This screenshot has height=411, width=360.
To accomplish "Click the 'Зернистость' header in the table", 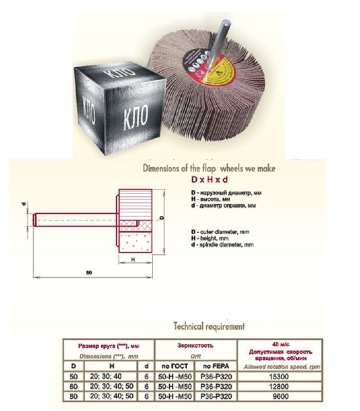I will (196, 346).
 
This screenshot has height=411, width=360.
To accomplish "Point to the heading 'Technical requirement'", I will (209, 326).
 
